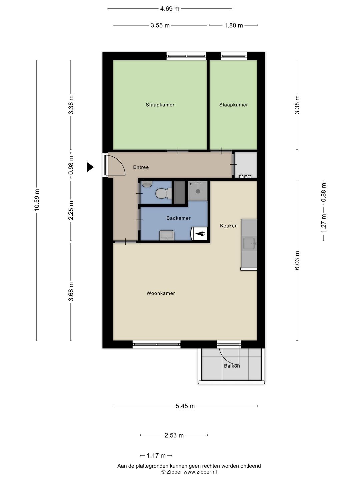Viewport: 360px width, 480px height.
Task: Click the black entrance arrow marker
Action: click(x=90, y=167)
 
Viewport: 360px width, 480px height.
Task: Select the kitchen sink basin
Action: click(x=249, y=243)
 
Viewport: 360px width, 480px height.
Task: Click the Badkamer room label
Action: click(x=178, y=218)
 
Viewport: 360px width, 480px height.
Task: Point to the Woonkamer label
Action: click(x=161, y=293)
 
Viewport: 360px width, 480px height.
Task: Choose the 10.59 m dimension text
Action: click(x=37, y=200)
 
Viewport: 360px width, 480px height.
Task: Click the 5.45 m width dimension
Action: click(x=185, y=406)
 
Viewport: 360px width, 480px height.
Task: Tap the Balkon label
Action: click(x=232, y=366)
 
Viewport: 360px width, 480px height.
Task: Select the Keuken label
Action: click(x=229, y=226)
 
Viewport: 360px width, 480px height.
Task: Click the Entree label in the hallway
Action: click(x=141, y=167)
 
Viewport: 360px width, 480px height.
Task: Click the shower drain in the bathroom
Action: click(x=198, y=191)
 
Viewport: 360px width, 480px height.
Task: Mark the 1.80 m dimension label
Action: click(x=233, y=25)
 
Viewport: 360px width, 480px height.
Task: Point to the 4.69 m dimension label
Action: click(x=170, y=9)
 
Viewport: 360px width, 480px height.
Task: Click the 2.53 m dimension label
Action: click(x=174, y=435)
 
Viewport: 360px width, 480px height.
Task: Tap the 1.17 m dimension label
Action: click(x=156, y=456)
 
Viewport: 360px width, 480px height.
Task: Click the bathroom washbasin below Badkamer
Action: click(x=167, y=235)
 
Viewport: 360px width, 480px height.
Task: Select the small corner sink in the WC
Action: click(x=147, y=184)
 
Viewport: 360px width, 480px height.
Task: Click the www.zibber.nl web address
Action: click(x=200, y=472)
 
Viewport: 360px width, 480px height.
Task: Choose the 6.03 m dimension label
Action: click(x=297, y=260)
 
